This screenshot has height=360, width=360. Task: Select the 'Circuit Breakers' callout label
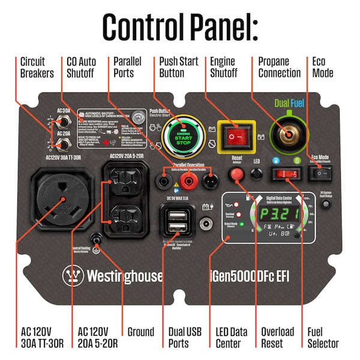37,67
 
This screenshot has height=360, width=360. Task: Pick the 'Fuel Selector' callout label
323,337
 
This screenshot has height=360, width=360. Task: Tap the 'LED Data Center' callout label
231,337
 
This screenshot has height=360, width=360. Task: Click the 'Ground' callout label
140,332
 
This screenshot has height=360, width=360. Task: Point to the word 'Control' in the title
148,26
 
